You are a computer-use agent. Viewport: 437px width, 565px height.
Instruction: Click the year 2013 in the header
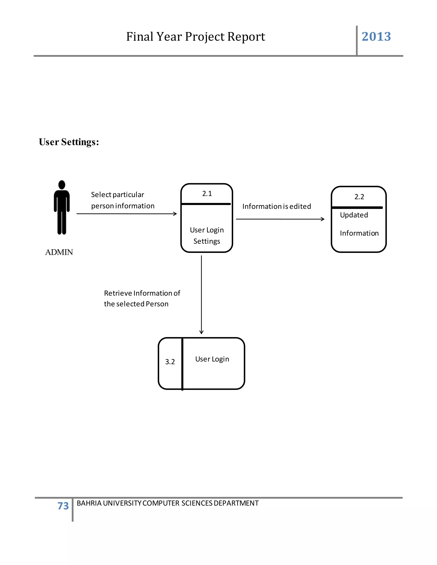(376, 36)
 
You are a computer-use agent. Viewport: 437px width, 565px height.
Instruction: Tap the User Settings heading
(69, 142)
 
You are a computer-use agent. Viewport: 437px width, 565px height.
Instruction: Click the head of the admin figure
(62, 185)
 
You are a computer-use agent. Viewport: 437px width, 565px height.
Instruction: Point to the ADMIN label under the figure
(59, 252)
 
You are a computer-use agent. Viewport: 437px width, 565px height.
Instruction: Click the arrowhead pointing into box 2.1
(175, 214)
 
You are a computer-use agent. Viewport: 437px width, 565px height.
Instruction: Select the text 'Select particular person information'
(122, 200)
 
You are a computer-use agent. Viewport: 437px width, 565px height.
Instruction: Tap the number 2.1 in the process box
(207, 194)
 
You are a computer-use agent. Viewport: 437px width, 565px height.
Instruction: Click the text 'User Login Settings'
(207, 235)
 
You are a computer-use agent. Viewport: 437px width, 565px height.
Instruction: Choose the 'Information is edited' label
(277, 206)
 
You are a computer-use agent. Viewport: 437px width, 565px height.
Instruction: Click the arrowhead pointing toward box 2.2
(323, 219)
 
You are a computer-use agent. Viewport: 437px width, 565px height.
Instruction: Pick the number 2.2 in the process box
(359, 197)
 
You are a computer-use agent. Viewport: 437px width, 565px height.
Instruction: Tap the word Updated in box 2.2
(354, 215)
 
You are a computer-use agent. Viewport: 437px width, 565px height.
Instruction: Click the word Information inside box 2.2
(359, 233)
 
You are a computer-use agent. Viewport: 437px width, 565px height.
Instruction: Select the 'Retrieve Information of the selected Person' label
(142, 298)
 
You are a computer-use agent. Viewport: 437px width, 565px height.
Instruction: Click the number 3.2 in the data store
(170, 362)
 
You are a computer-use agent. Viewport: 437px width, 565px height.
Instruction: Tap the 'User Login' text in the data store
(212, 359)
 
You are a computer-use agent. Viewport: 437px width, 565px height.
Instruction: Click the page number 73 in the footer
(63, 506)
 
